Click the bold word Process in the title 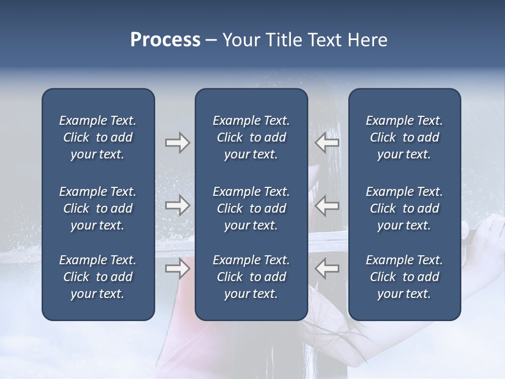tap(165, 40)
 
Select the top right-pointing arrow tap(177, 143)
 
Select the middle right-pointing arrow tap(177, 205)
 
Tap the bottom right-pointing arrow tap(177, 268)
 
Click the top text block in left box tap(98, 137)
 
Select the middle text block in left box tap(98, 208)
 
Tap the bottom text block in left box tap(98, 277)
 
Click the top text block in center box tap(251, 137)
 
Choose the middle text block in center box tap(251, 208)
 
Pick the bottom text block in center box tap(251, 277)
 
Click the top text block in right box tap(405, 137)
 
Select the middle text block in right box tap(405, 208)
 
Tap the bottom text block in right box tap(405, 277)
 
